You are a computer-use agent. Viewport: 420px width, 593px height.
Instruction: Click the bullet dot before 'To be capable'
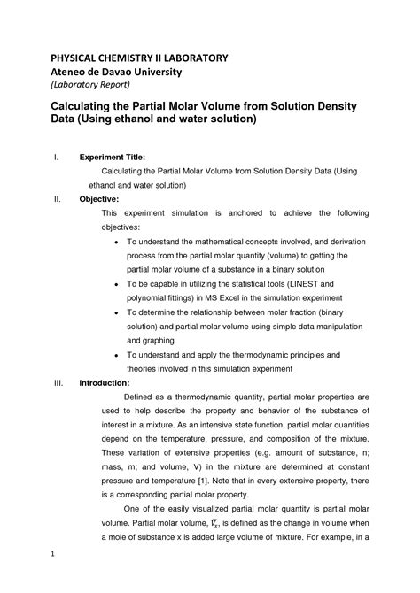119,284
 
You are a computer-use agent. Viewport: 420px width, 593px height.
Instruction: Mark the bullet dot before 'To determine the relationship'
119,312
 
